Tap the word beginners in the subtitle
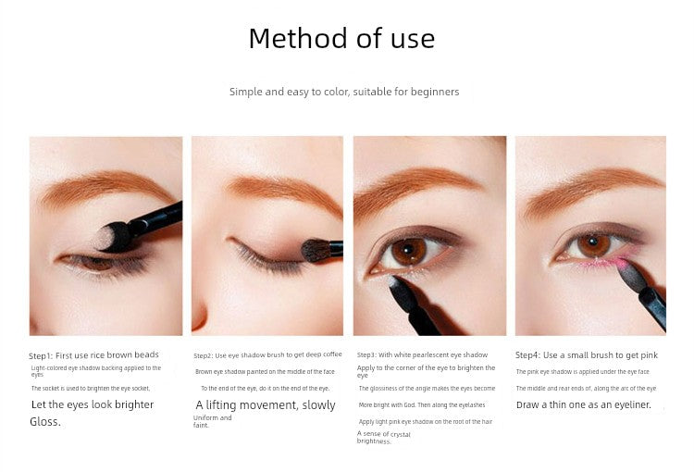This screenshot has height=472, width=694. (435, 93)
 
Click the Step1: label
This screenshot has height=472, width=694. (41, 356)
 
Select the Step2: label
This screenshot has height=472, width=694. (204, 355)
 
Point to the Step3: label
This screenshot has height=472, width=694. (366, 355)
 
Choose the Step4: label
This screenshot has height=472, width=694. (528, 355)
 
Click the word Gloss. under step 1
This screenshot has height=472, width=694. (45, 421)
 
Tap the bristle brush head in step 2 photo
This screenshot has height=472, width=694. (316, 251)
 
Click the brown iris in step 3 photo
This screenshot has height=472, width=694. (408, 252)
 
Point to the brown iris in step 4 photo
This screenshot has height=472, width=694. (594, 246)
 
